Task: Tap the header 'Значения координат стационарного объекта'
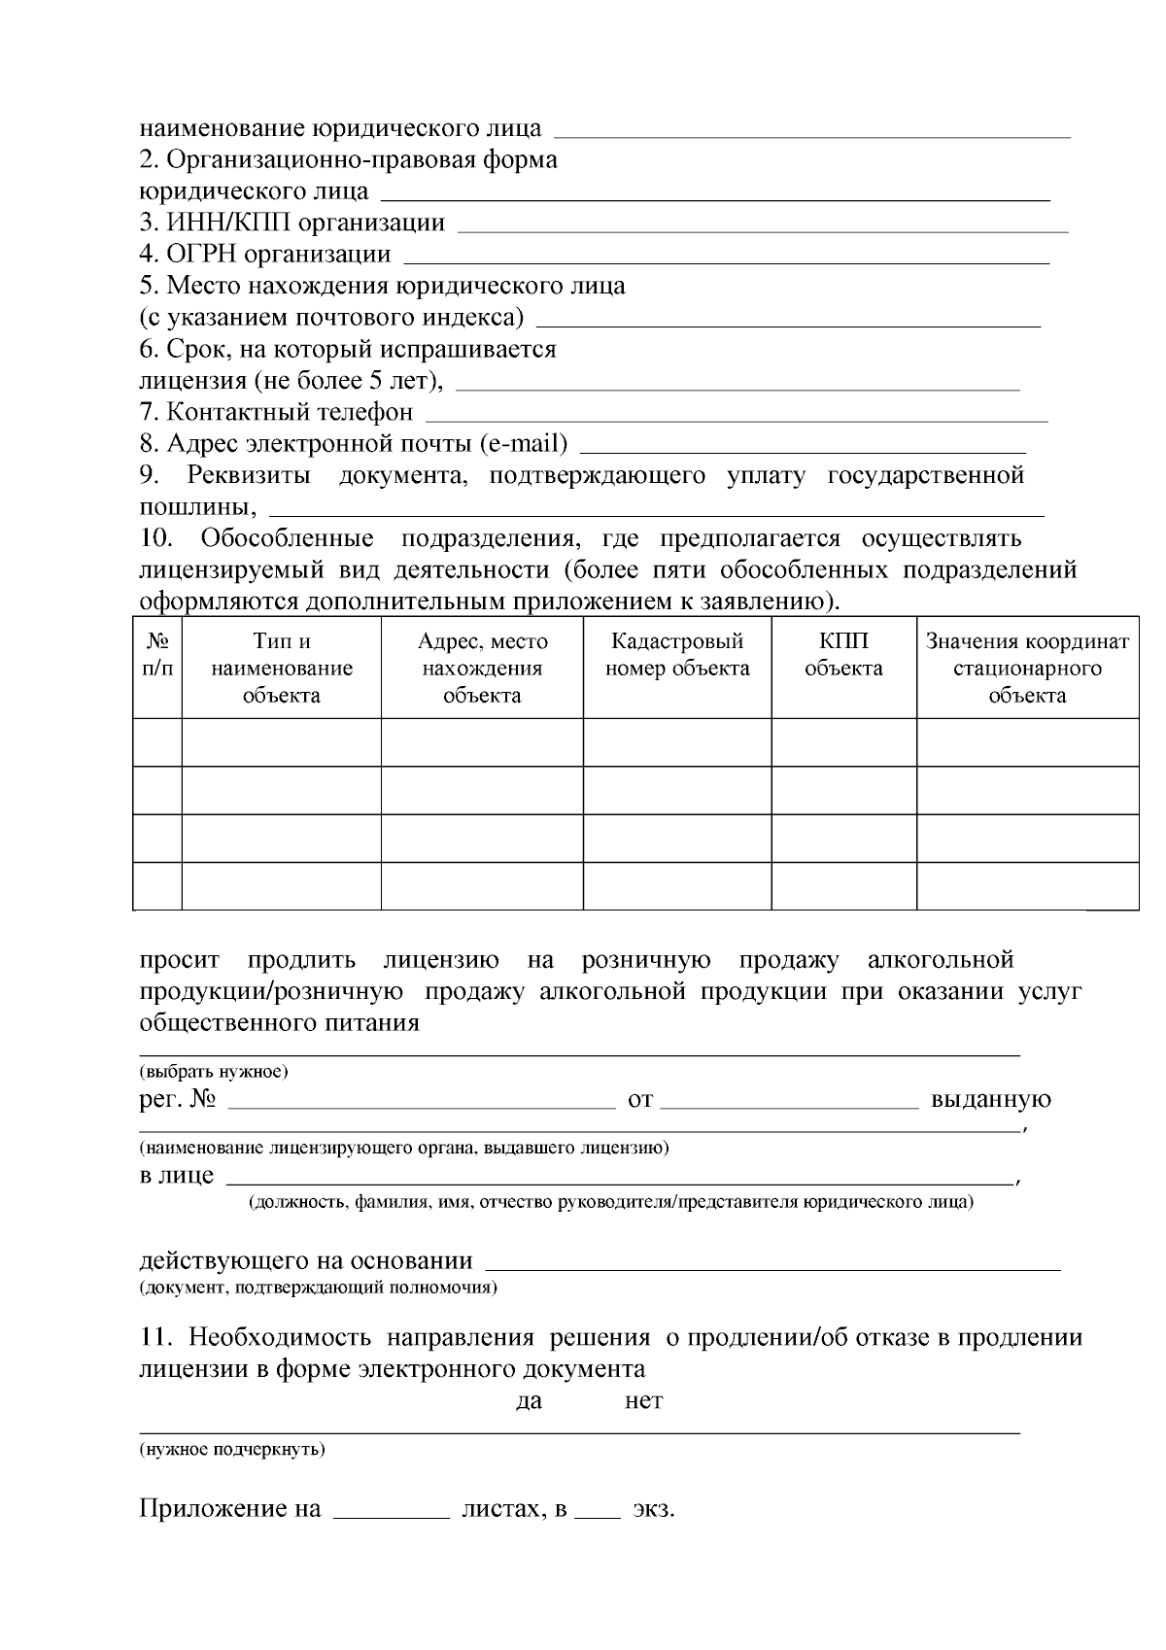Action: [x=1027, y=669]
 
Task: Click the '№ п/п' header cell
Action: [x=157, y=655]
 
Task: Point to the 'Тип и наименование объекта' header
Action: [x=282, y=669]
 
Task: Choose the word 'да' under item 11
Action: [x=529, y=1400]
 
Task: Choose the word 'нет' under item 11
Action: [x=643, y=1400]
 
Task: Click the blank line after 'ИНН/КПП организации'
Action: [x=762, y=227]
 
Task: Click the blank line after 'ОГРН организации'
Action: [x=726, y=258]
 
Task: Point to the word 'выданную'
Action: [x=990, y=1100]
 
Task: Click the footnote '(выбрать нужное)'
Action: [x=214, y=1072]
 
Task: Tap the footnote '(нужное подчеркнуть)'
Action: [x=231, y=1450]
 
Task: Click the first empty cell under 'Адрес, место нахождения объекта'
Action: [x=482, y=742]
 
